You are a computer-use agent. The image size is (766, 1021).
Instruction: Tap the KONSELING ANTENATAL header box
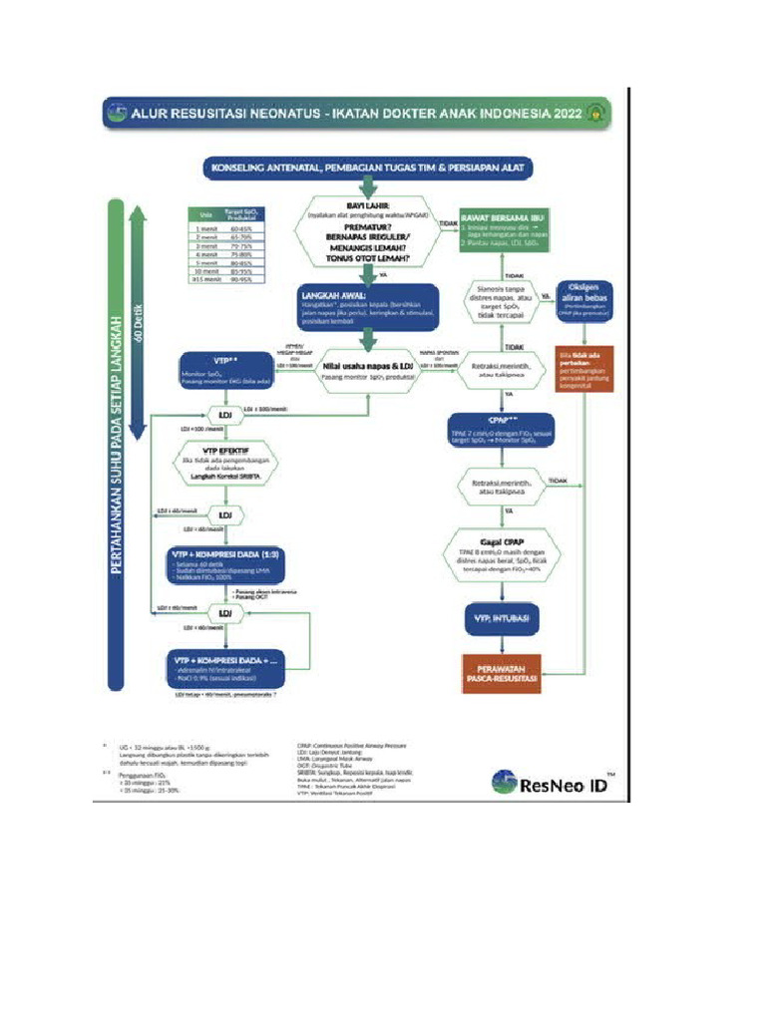coord(370,168)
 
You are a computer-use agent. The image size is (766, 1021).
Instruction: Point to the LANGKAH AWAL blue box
coord(368,308)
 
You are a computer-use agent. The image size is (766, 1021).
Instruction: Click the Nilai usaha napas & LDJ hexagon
coord(368,373)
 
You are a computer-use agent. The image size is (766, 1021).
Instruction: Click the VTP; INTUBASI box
coord(500,618)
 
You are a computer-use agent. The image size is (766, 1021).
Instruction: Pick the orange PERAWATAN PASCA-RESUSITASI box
coord(500,674)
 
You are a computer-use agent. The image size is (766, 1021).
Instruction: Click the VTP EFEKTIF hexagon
coord(225,464)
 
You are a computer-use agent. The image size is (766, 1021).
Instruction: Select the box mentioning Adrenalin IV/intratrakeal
coord(225,670)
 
